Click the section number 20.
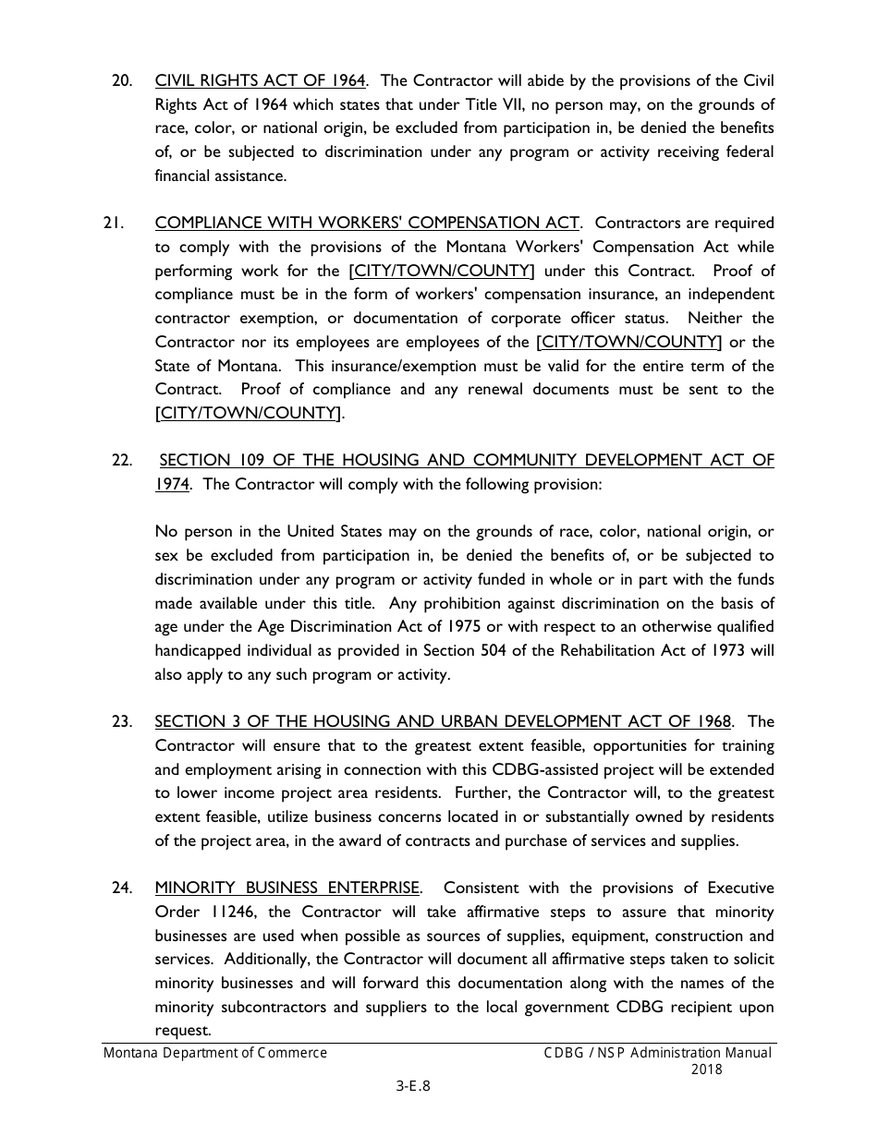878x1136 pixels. click(x=121, y=80)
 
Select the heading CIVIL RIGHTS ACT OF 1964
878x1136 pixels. click(x=261, y=80)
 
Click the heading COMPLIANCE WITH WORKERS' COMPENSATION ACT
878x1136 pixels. click(x=367, y=223)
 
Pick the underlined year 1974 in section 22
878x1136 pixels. click(x=172, y=484)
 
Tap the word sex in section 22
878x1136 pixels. click(x=166, y=556)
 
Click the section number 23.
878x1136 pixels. click(x=121, y=721)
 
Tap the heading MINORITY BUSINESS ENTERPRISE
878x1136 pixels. click(x=287, y=888)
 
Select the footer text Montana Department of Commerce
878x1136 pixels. click(x=214, y=1053)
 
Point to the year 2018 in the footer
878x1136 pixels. click(x=706, y=1070)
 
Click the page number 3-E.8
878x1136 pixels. click(x=413, y=1086)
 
